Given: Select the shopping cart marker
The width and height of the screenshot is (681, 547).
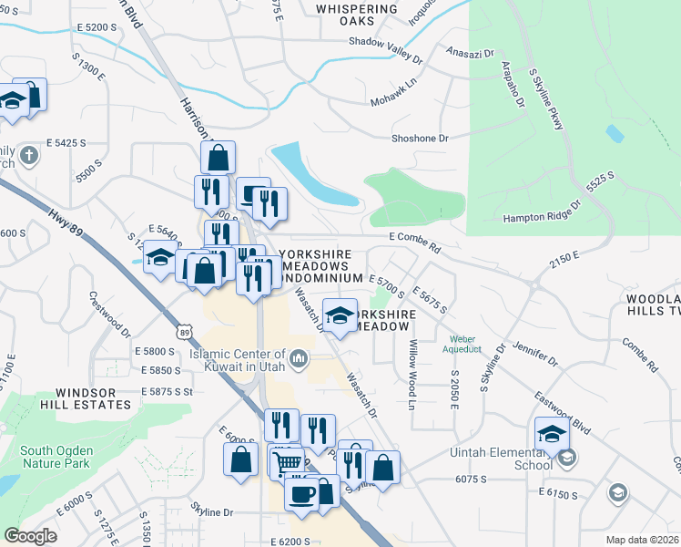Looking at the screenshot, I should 288,463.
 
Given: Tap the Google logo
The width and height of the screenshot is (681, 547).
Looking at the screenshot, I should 31,535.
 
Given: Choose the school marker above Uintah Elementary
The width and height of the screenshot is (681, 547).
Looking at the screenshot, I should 552,434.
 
